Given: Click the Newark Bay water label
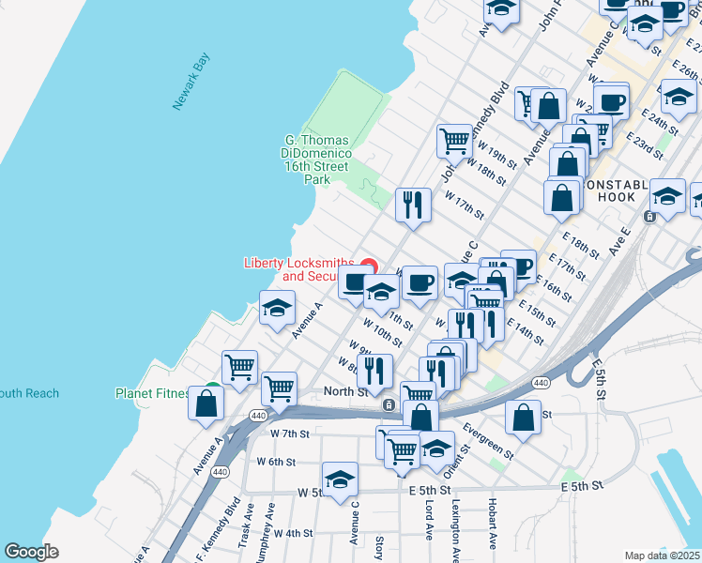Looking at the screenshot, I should click(x=191, y=83).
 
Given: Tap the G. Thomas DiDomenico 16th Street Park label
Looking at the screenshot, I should click(x=318, y=160).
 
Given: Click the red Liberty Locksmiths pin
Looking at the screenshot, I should click(x=370, y=266).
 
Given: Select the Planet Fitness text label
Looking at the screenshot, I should click(x=152, y=393).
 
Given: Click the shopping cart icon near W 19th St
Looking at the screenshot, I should click(x=454, y=141).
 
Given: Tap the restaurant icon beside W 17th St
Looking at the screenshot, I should click(x=413, y=205).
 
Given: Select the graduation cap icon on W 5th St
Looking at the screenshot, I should click(x=340, y=479).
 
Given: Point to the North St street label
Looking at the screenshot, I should click(x=345, y=392).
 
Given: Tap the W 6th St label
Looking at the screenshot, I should click(x=276, y=462).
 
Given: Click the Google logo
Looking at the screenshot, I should click(x=31, y=552).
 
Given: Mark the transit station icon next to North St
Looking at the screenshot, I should click(x=388, y=405).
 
